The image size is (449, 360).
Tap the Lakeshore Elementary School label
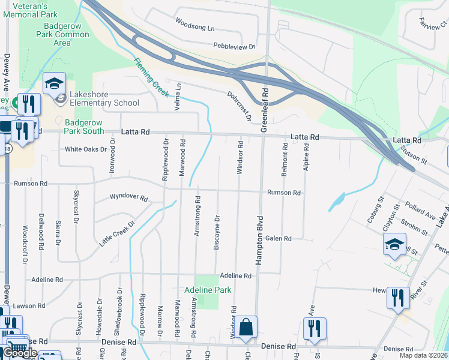click(104, 98)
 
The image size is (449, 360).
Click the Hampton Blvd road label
click(260, 239)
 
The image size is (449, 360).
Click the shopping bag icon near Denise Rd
click(246, 328)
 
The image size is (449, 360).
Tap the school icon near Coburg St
click(394, 245)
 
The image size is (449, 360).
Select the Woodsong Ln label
click(194, 25)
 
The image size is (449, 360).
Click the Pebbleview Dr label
click(234, 46)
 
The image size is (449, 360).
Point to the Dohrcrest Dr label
click(239, 106)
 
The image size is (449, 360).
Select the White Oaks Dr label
click(86, 149)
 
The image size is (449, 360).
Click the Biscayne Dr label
click(217, 232)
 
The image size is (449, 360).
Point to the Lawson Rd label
click(29, 305)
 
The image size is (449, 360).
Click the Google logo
click(19, 353)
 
